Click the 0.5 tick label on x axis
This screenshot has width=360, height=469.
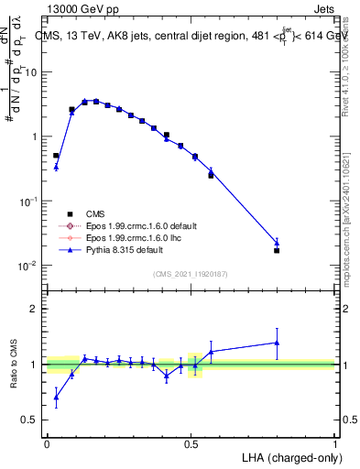(191, 443)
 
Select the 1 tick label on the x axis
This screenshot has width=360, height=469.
(335, 443)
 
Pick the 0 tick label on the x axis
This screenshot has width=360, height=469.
(47, 443)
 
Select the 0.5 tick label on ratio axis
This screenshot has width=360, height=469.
(33, 420)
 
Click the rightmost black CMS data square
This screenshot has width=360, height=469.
(277, 250)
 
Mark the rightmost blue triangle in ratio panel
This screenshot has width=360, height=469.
(277, 343)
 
